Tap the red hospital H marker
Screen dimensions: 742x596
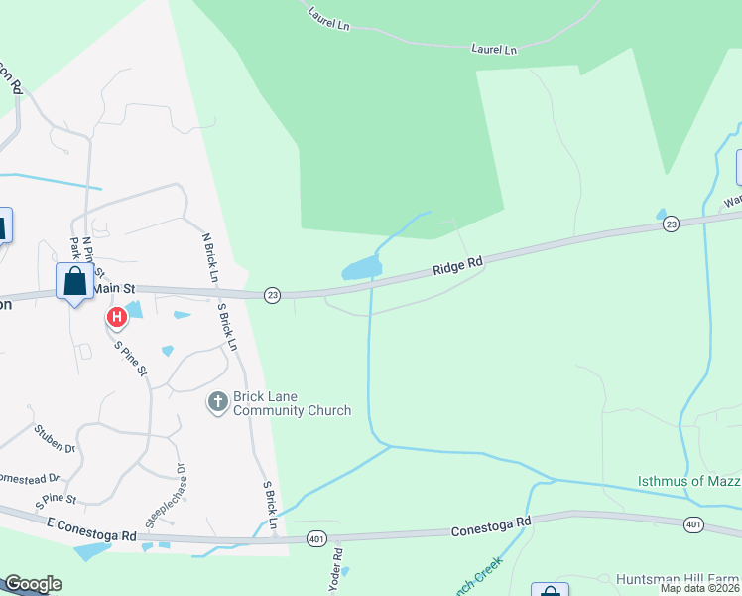[116, 318]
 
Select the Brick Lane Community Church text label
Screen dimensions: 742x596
[292, 403]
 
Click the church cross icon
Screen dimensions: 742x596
[217, 402]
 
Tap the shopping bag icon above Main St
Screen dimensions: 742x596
[75, 281]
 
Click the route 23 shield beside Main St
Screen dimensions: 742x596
[272, 295]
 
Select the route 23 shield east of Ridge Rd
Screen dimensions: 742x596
[672, 224]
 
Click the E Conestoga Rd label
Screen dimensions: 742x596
[91, 528]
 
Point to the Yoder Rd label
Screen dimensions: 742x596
[337, 567]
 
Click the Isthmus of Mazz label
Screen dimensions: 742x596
[688, 482]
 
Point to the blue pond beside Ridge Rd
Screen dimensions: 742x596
[361, 267]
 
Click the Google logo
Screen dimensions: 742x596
[33, 584]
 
